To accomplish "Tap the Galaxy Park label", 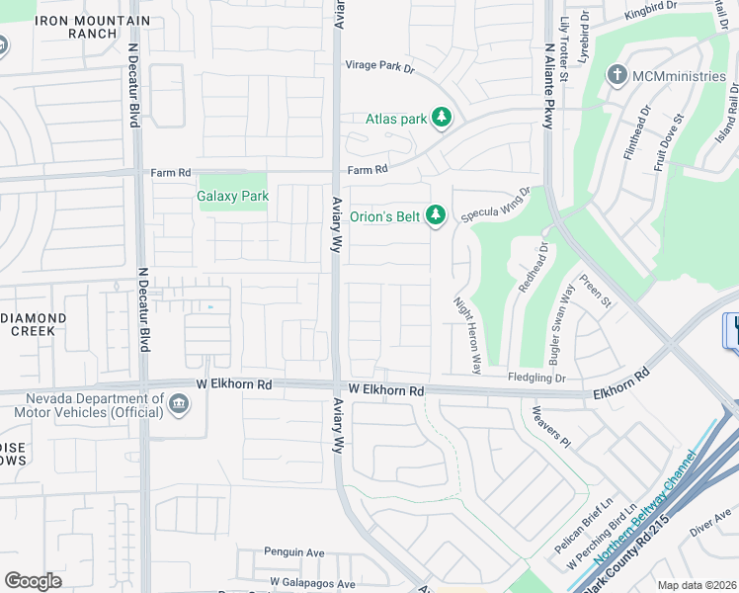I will [x=233, y=196].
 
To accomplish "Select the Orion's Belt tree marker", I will [x=437, y=215].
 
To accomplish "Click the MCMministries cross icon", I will [x=617, y=75].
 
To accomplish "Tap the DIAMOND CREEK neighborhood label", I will [x=33, y=324].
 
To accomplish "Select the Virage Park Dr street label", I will [x=380, y=67].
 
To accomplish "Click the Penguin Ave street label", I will [x=293, y=552].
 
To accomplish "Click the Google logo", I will [x=33, y=581].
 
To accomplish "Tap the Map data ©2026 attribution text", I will [x=696, y=585].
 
